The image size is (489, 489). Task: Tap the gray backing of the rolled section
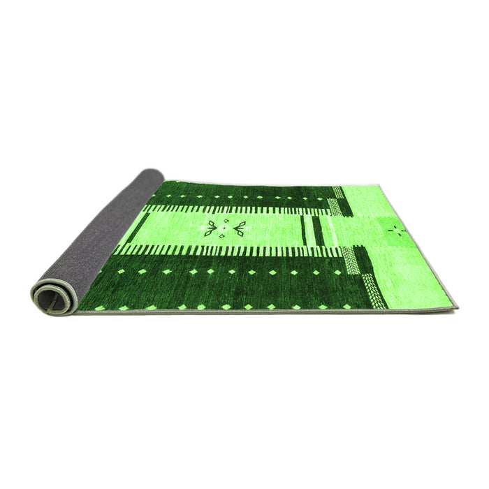click(x=105, y=231)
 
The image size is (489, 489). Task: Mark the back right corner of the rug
click(x=378, y=186)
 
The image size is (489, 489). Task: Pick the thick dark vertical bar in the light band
click(x=316, y=230)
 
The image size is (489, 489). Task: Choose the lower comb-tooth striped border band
click(x=231, y=251)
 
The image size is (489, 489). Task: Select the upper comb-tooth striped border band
click(x=238, y=208)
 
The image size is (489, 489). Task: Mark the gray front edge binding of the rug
click(x=265, y=312)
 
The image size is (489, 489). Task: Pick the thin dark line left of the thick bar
click(x=304, y=230)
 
